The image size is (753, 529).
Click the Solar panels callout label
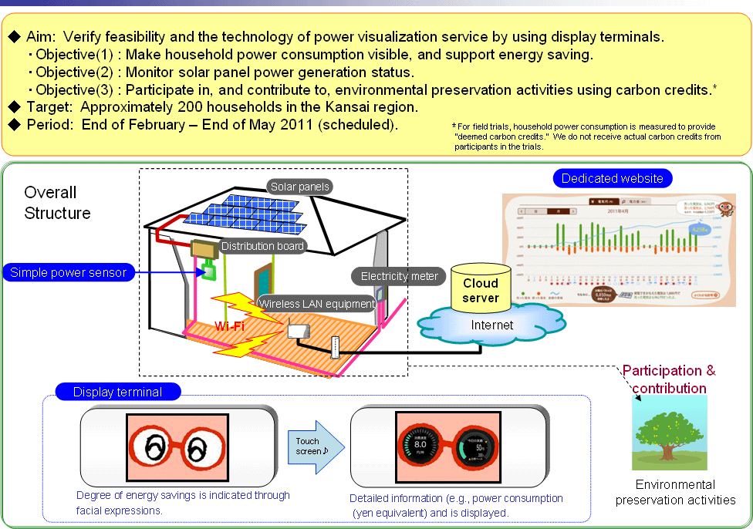300,187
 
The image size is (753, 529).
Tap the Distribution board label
262,246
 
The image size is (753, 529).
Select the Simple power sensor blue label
68,272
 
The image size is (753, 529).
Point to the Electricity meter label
399,276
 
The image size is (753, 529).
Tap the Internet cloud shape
491,325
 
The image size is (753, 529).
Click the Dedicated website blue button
612,178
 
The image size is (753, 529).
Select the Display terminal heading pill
117,392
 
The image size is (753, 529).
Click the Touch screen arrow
317,446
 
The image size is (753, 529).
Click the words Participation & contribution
669,379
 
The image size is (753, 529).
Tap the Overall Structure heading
57,203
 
